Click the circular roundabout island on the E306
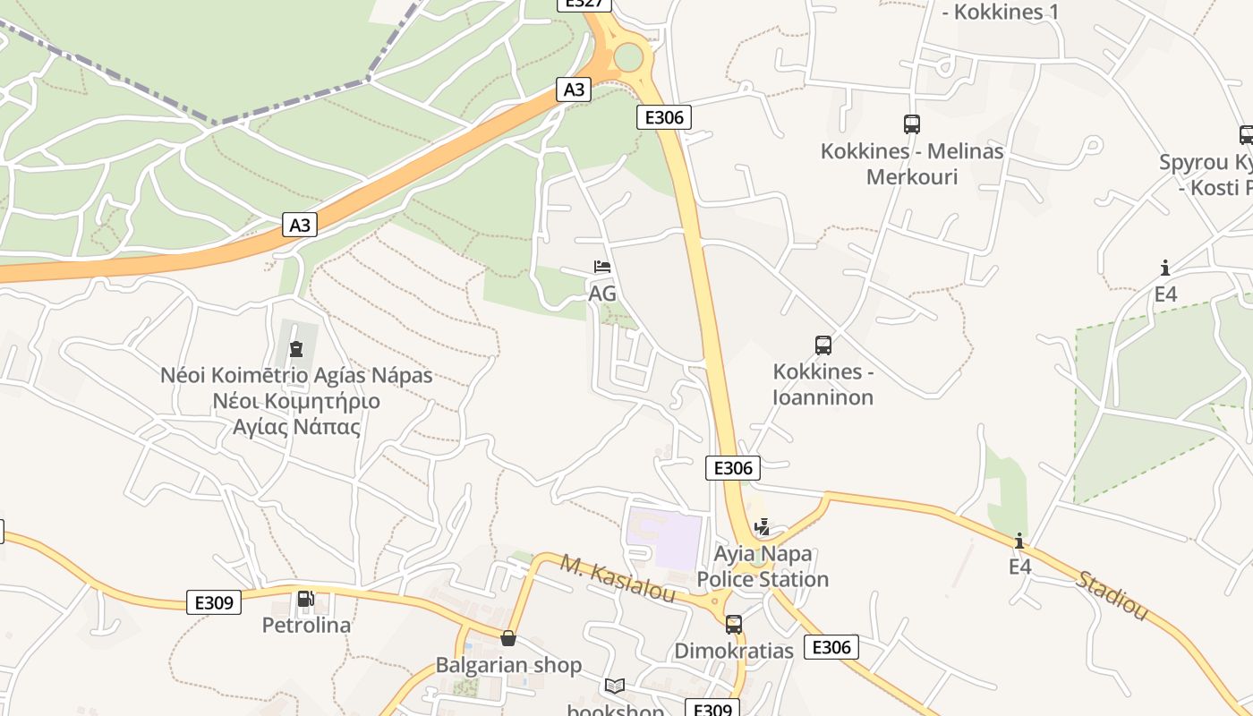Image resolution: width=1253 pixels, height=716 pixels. coord(628,57)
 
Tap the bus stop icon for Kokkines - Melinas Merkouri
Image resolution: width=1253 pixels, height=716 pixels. coord(912,124)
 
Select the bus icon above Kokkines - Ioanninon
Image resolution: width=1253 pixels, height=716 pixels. coord(823,345)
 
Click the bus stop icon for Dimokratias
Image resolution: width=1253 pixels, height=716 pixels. coord(734,624)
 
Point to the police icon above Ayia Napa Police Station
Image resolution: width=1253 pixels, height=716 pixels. coord(763,527)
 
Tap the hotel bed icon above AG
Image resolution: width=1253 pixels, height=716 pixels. coord(602,267)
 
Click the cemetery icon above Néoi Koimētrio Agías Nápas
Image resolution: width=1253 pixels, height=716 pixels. coord(296,348)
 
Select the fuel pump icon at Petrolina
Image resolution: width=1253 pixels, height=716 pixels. coord(305,598)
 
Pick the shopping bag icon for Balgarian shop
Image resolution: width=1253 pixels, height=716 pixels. coord(508,638)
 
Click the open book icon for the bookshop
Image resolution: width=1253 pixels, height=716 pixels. coord(615,686)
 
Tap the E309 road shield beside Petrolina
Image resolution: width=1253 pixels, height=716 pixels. coord(215,602)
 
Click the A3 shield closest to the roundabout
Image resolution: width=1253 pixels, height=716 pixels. coord(575,89)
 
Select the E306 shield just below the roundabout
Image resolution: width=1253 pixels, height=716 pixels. coord(664,117)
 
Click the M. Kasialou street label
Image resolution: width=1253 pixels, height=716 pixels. coord(618,578)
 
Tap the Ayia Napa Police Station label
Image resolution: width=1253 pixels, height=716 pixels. coord(763,567)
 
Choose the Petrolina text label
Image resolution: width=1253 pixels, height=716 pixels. coord(306,625)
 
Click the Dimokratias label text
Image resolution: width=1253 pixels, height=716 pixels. coord(734,651)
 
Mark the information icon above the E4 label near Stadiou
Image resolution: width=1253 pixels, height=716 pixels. coord(1019,541)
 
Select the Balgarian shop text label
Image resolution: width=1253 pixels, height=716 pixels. coord(508,665)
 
